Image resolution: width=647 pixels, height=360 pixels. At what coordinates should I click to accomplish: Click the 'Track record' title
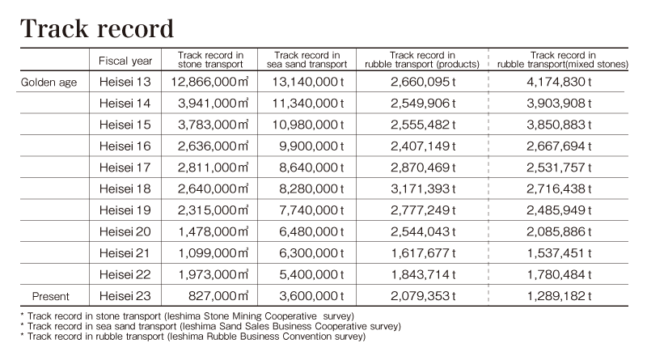click(97, 28)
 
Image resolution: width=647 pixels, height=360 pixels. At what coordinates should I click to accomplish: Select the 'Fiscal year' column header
click(125, 61)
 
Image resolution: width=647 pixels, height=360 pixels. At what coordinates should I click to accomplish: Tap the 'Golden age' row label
click(49, 83)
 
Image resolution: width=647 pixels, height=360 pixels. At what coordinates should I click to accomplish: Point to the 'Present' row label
click(51, 296)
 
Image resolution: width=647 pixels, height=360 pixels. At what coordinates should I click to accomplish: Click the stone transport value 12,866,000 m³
click(209, 82)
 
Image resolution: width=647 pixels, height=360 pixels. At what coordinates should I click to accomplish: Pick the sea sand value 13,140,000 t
click(308, 82)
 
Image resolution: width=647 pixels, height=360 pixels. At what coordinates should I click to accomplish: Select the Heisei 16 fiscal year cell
click(125, 146)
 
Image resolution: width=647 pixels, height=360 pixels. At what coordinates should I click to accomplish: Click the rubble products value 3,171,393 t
click(423, 189)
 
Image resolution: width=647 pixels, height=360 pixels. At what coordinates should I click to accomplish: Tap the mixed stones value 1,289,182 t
click(559, 296)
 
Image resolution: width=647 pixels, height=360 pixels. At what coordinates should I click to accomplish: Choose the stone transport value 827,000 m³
click(218, 296)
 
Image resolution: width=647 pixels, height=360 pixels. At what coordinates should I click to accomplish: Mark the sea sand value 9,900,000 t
click(311, 146)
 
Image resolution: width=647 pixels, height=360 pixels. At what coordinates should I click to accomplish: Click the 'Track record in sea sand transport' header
click(307, 60)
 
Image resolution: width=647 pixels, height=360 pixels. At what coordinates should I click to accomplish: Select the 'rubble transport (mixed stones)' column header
click(563, 60)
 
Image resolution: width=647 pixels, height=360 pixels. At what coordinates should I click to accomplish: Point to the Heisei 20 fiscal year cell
click(125, 232)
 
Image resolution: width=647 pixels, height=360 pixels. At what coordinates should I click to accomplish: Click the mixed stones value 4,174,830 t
click(559, 82)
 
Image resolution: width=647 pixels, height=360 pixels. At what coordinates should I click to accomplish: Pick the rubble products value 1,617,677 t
click(423, 253)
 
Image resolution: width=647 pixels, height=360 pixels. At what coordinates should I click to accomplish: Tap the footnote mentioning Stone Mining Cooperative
click(188, 316)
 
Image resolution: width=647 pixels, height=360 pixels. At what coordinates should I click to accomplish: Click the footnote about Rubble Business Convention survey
click(193, 337)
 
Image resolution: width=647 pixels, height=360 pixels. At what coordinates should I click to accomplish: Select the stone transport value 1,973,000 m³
click(214, 274)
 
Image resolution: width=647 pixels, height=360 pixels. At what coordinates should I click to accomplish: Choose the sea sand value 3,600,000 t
click(311, 296)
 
